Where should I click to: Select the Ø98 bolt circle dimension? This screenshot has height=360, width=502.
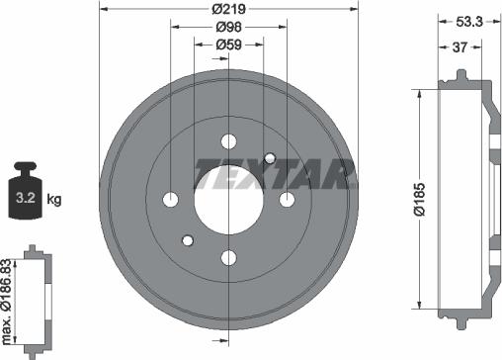(230, 28)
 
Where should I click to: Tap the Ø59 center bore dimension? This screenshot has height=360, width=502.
(230, 45)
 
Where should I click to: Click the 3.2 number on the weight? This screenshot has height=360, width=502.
(24, 199)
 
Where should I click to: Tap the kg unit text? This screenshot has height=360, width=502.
(54, 199)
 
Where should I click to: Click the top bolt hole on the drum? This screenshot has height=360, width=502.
(229, 140)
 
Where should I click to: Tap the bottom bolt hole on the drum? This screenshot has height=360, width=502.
(229, 258)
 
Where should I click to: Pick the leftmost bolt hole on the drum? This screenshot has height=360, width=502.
(171, 200)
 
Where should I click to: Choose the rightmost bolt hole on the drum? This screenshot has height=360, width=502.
(288, 200)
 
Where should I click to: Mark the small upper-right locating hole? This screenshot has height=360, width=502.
(270, 158)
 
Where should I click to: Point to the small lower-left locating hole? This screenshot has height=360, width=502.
(189, 240)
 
